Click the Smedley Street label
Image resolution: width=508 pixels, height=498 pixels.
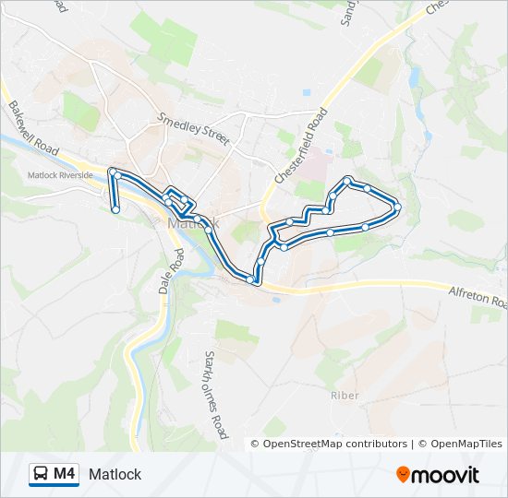click(x=193, y=128)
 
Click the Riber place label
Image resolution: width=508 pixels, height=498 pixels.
click(x=344, y=395)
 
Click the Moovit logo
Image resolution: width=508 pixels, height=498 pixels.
click(x=438, y=475)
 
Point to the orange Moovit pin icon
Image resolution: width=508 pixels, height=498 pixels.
click(x=404, y=475)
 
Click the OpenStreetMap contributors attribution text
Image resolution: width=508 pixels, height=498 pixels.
click(x=335, y=444)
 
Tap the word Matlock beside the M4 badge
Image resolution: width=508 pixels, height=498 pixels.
click(x=115, y=474)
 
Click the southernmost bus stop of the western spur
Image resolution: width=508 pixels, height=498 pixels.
click(x=115, y=210)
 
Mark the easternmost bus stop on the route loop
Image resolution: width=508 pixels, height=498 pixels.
click(x=397, y=207)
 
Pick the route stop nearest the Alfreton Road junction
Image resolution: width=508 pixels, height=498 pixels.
click(x=251, y=279)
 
